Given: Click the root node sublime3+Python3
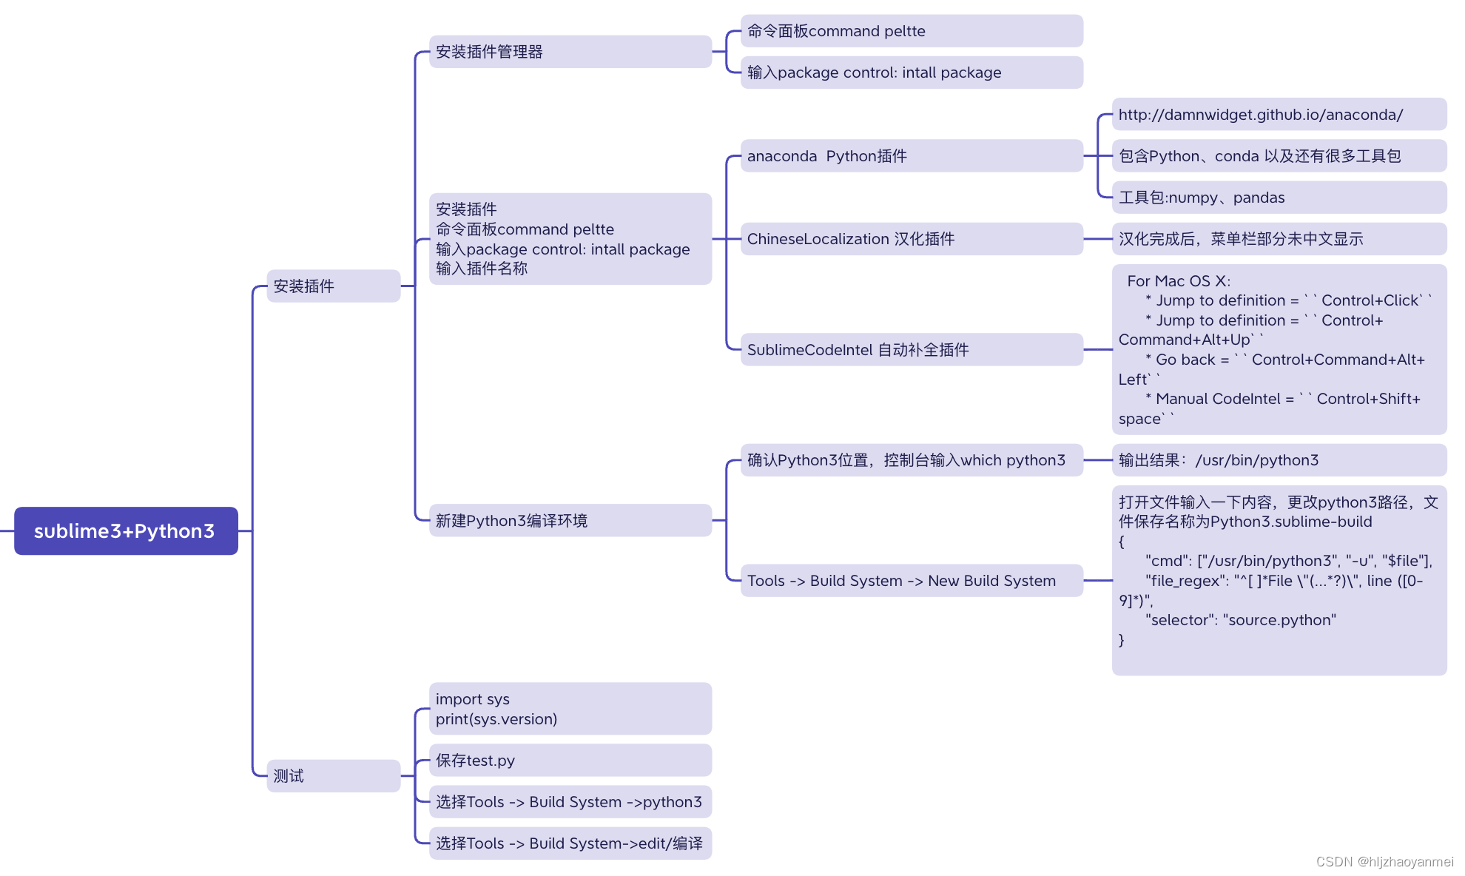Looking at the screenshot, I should [x=126, y=530].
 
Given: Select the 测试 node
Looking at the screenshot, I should [x=333, y=775].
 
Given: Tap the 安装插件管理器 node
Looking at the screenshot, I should [x=570, y=52].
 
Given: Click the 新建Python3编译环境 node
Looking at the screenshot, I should [x=570, y=520].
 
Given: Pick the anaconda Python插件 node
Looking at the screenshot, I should [x=911, y=156].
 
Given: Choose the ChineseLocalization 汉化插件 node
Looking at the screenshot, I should [x=911, y=239].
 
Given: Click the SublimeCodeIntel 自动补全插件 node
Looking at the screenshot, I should [x=911, y=349].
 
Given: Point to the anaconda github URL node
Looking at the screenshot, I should [x=1279, y=115].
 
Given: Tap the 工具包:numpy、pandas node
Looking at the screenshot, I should [x=1279, y=198].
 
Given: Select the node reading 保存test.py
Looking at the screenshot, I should [x=570, y=760].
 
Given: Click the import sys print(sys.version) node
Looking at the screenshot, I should [x=570, y=709].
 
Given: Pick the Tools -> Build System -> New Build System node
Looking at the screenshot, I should [x=911, y=581].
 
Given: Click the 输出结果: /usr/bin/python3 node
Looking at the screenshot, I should [x=1279, y=460].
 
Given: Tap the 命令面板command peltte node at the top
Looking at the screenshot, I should [x=911, y=31].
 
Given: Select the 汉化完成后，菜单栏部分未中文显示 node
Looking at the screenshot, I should [x=1279, y=239].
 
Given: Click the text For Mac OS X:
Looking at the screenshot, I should [x=1179, y=281].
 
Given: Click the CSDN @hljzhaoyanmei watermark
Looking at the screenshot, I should [x=1384, y=861].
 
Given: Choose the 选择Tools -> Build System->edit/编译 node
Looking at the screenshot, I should [x=570, y=843].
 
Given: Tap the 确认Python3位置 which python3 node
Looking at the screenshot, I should [x=911, y=460].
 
